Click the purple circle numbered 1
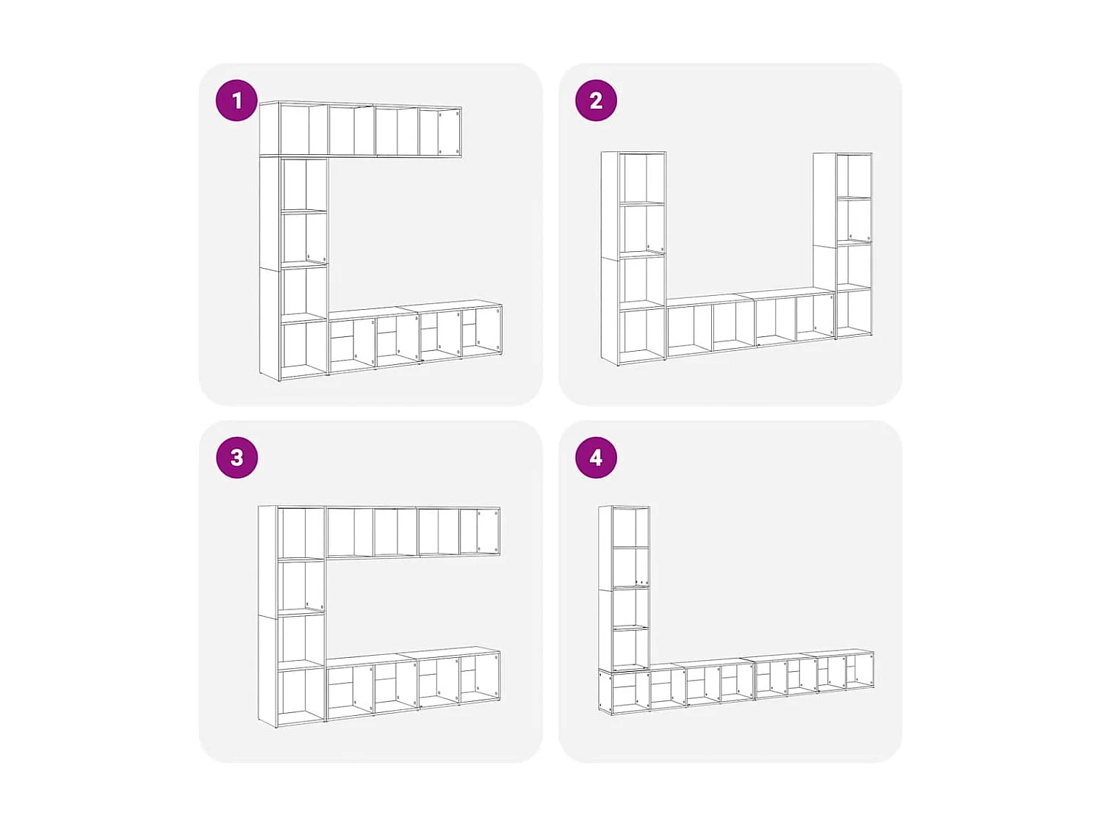coord(237,101)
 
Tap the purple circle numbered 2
coord(595,101)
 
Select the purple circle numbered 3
coord(237,457)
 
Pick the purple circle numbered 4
coord(595,457)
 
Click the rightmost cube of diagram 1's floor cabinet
coord(481,332)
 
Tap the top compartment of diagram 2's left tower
coord(642,178)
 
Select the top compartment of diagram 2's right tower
coord(854,175)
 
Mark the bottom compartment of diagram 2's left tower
coord(642,335)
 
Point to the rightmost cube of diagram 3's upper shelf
coord(480,532)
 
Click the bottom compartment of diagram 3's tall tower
coord(301,697)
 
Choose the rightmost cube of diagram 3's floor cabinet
coord(480,678)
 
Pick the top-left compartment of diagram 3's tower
coord(301,532)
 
